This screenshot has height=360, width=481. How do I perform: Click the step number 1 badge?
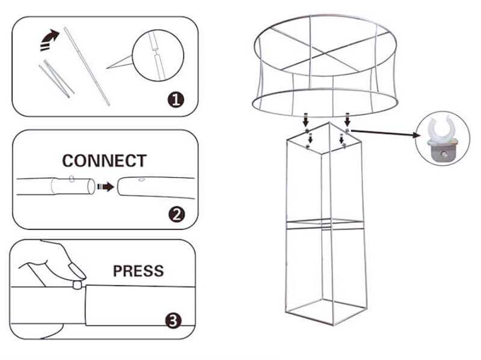[176, 100]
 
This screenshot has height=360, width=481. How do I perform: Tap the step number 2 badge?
[177, 215]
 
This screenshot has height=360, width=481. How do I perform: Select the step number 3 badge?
[173, 320]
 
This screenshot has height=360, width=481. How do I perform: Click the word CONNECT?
[104, 160]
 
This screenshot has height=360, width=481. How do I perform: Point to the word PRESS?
[138, 271]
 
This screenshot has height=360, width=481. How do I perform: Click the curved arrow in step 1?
[49, 40]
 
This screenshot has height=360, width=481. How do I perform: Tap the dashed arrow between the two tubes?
[106, 186]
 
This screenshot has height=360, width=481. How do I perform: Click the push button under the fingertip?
[78, 285]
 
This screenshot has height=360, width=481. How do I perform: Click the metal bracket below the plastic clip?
[443, 153]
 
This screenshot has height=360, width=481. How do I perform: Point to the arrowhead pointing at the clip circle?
[416, 135]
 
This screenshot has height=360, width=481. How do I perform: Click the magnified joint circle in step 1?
[158, 55]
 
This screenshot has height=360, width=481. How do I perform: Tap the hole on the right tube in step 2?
[141, 179]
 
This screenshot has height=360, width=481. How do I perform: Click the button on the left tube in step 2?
[72, 178]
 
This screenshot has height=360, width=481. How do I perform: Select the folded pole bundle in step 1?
[57, 78]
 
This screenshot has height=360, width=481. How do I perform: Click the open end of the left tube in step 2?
[91, 186]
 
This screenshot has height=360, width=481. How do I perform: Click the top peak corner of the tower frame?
[329, 123]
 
